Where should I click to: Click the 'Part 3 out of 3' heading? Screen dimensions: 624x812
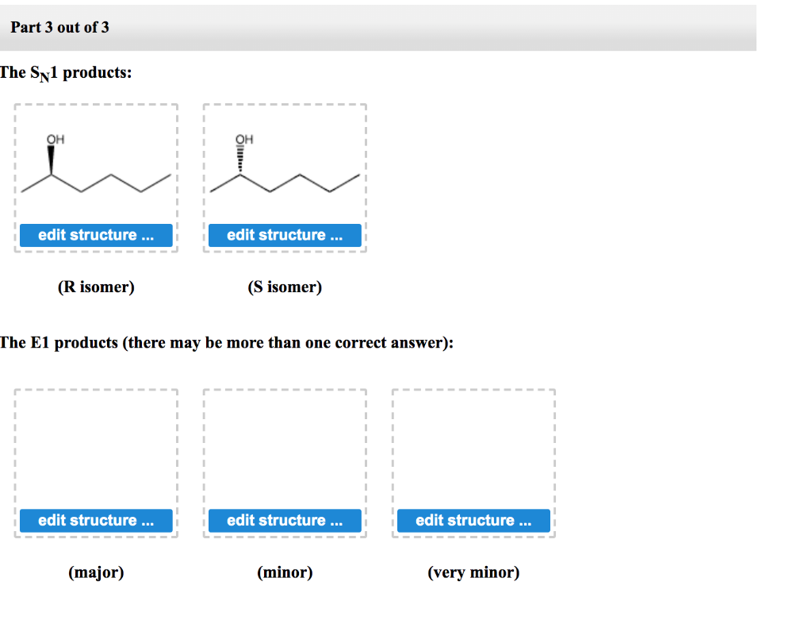pyautogui.click(x=59, y=27)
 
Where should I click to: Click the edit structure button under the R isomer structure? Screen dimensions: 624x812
pyautogui.click(x=95, y=235)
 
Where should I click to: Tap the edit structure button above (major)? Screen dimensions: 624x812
pyautogui.click(x=95, y=520)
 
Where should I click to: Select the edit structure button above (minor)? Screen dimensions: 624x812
pyautogui.click(x=285, y=520)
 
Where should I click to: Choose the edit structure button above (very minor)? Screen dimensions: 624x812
pyautogui.click(x=473, y=520)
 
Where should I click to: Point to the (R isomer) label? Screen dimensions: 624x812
pyautogui.click(x=96, y=287)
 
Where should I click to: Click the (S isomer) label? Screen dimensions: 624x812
pyautogui.click(x=285, y=287)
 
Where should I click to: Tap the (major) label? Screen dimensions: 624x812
pyautogui.click(x=96, y=572)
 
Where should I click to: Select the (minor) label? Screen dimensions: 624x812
pyautogui.click(x=285, y=572)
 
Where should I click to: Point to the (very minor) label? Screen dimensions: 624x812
pyautogui.click(x=473, y=572)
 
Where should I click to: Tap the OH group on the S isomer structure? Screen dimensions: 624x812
pyautogui.click(x=243, y=139)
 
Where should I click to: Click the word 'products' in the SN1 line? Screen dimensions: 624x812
pyautogui.click(x=98, y=73)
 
